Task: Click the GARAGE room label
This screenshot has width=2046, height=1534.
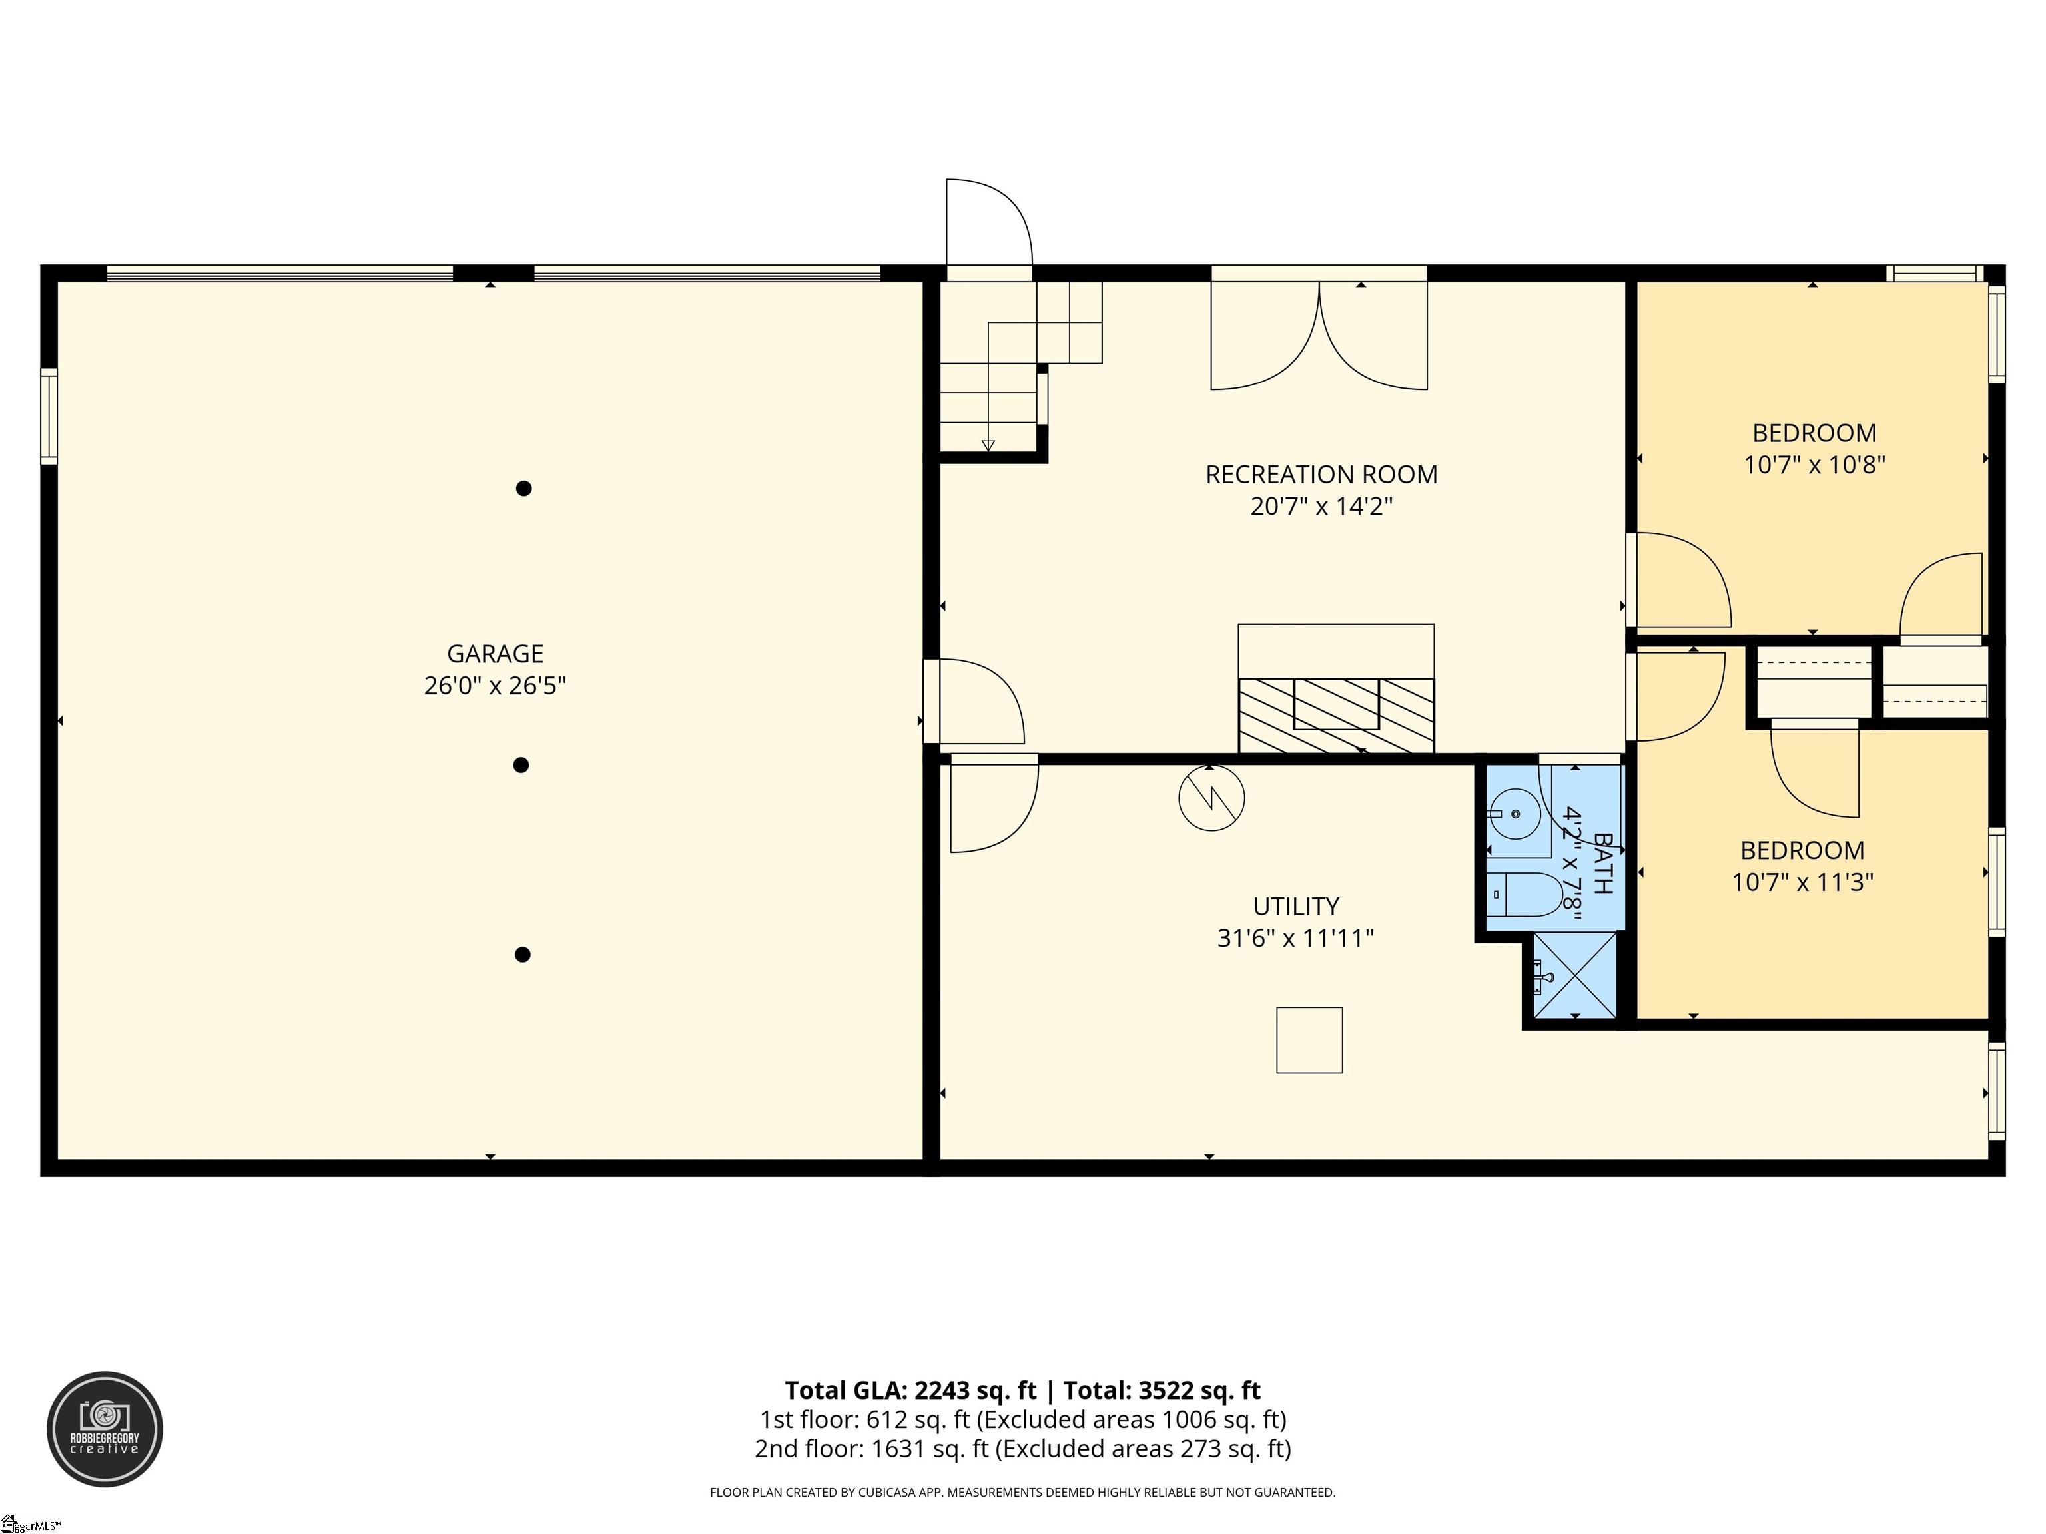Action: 495,654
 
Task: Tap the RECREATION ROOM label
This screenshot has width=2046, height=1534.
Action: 1321,474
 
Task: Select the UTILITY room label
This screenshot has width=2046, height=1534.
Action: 1296,906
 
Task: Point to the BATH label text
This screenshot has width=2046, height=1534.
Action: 1603,863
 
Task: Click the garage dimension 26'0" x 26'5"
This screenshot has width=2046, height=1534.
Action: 495,686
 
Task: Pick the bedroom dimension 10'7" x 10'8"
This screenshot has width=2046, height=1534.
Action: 1814,464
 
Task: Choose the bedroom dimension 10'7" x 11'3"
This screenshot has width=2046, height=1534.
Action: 1802,882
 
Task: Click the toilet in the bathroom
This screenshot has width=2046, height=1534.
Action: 1525,894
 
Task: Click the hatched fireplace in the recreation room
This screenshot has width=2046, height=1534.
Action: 1337,716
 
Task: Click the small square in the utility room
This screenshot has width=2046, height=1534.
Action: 1309,1040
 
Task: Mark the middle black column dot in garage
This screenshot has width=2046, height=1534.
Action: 521,765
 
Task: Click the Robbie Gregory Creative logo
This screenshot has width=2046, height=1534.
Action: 105,1429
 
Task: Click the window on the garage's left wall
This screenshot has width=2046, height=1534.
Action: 49,415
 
